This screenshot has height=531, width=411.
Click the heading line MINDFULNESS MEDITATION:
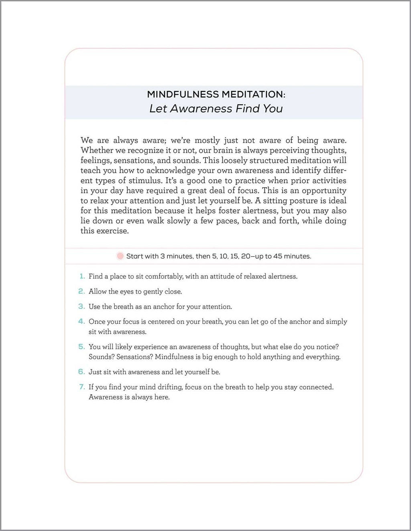[216, 95]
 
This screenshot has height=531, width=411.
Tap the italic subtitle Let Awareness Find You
[216, 109]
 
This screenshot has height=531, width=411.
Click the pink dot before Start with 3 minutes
[120, 256]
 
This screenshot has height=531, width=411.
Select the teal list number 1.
[82, 276]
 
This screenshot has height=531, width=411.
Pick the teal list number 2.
[81, 291]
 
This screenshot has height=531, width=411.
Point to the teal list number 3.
[81, 307]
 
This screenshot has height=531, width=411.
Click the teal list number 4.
[81, 321]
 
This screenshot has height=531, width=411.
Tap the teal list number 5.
[81, 347]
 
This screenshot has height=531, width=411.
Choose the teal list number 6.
[81, 372]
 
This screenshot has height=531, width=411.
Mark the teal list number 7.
[82, 387]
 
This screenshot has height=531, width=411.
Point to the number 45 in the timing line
[278, 256]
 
